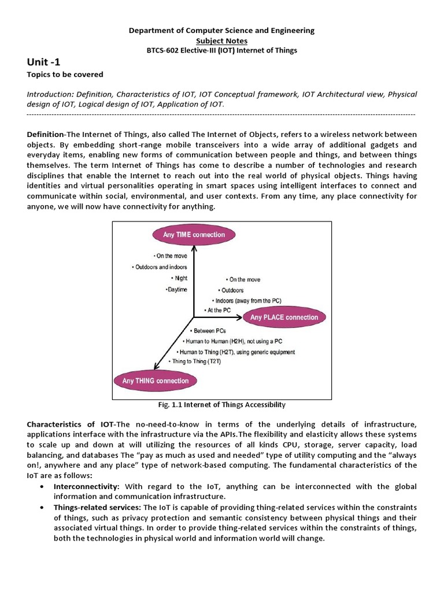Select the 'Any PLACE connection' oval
[284, 317]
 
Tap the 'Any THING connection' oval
[155, 381]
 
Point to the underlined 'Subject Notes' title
[221, 40]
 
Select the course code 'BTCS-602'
[165, 50]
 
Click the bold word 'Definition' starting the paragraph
[45, 134]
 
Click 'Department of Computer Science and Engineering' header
[221, 30]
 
